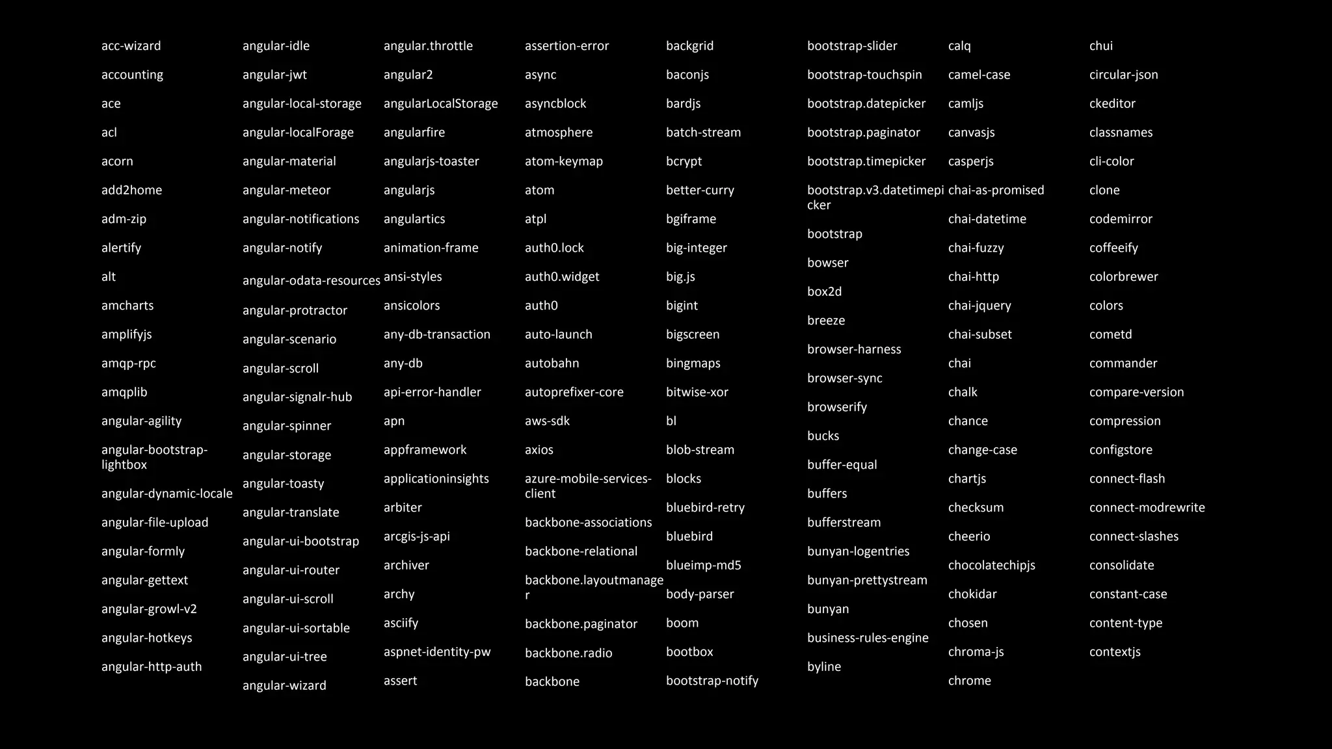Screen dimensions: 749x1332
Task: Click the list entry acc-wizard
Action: pyautogui.click(x=131, y=46)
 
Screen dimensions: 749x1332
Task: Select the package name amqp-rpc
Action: pyautogui.click(x=128, y=363)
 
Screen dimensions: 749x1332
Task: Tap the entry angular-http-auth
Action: pyautogui.click(x=152, y=667)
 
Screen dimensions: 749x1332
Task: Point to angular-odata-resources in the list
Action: pyautogui.click(x=311, y=281)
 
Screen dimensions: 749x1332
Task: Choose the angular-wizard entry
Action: pyautogui.click(x=284, y=686)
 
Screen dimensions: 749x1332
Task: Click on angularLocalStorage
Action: pyautogui.click(x=440, y=104)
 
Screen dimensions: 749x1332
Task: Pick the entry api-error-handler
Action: pyautogui.click(x=432, y=393)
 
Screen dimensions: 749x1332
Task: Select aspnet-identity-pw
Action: pyautogui.click(x=437, y=652)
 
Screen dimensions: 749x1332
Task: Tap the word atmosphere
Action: pyautogui.click(x=559, y=133)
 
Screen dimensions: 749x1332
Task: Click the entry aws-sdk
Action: pyautogui.click(x=547, y=421)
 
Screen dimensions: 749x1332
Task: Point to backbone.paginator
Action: pyautogui.click(x=581, y=624)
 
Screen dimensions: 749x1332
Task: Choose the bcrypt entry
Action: pyautogui.click(x=684, y=161)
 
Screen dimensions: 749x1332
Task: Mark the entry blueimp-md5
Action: pyautogui.click(x=703, y=566)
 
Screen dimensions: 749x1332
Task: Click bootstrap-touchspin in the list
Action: pyautogui.click(x=864, y=75)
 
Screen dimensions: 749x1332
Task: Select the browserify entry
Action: pyautogui.click(x=837, y=408)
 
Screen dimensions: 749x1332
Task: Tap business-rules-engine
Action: pyautogui.click(x=868, y=638)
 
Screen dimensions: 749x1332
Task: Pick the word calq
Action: pyautogui.click(x=959, y=46)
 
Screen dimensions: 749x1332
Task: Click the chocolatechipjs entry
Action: pyautogui.click(x=991, y=566)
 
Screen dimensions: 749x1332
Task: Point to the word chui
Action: pyautogui.click(x=1100, y=46)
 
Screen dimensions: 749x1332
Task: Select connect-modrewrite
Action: pyautogui.click(x=1147, y=508)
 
